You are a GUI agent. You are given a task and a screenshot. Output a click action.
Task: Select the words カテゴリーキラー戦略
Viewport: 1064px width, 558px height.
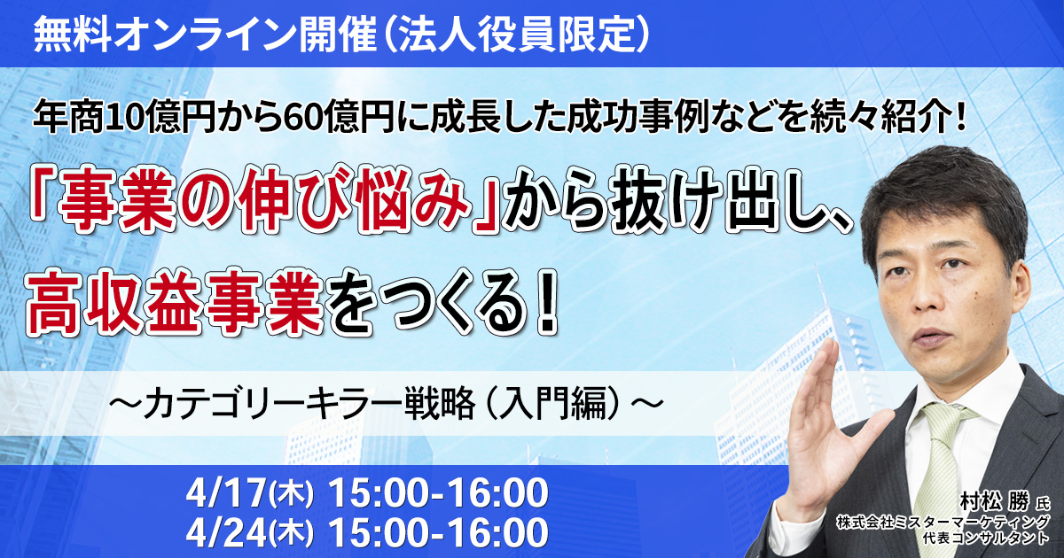coord(309,404)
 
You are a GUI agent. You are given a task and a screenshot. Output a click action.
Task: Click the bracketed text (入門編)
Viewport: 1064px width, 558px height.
coord(554,404)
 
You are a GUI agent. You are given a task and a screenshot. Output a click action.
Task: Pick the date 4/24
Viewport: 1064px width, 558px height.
coord(226,532)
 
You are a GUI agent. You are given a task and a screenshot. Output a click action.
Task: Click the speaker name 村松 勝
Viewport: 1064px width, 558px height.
coord(994,500)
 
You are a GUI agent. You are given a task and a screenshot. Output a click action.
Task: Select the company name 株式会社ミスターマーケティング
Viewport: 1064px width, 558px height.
coord(943,523)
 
